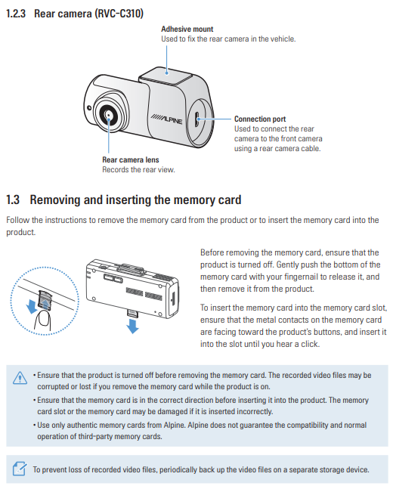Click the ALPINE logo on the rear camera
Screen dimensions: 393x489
coord(166,119)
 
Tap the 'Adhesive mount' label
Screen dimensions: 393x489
coord(187,29)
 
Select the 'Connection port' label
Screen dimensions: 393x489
coord(260,119)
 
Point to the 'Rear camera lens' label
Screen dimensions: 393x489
coord(131,159)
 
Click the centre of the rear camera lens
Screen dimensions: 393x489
coord(108,115)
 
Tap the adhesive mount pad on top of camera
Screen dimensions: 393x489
coord(166,75)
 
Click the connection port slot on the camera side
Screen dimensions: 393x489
coord(197,119)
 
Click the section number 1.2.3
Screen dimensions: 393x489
coord(16,14)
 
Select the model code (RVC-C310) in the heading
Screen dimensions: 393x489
coord(118,14)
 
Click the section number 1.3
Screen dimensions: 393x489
coord(13,200)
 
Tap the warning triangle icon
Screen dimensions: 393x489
coord(20,378)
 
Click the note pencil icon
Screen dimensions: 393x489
coord(20,469)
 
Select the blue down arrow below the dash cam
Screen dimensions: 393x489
coord(132,326)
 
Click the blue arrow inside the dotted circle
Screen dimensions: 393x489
coord(32,307)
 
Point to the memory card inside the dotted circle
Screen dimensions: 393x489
coord(44,299)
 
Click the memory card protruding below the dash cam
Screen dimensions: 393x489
coord(132,313)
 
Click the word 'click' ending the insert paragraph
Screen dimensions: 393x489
coord(310,344)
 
